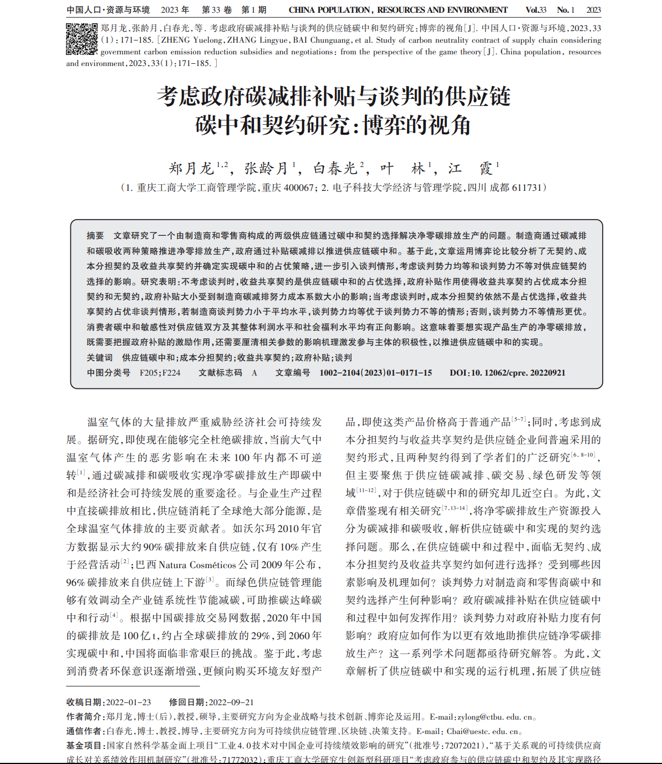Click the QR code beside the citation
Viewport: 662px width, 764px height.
click(x=82, y=39)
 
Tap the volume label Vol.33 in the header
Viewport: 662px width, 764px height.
click(x=536, y=10)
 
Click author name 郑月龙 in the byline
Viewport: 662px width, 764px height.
click(x=191, y=169)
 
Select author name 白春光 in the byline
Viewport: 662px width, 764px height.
click(x=335, y=169)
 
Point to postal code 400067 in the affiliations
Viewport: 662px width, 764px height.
click(x=298, y=188)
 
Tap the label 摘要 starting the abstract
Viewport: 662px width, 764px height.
click(x=95, y=236)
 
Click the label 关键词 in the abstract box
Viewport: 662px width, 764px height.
click(x=100, y=358)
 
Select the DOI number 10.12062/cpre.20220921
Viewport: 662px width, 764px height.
click(x=518, y=373)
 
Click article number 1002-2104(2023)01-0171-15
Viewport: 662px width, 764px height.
click(x=375, y=373)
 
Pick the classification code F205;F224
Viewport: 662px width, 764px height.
click(x=160, y=373)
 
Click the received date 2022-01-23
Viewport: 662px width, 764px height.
click(x=128, y=702)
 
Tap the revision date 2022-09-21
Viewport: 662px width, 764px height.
click(x=231, y=702)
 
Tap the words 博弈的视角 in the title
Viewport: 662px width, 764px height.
click(x=416, y=125)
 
